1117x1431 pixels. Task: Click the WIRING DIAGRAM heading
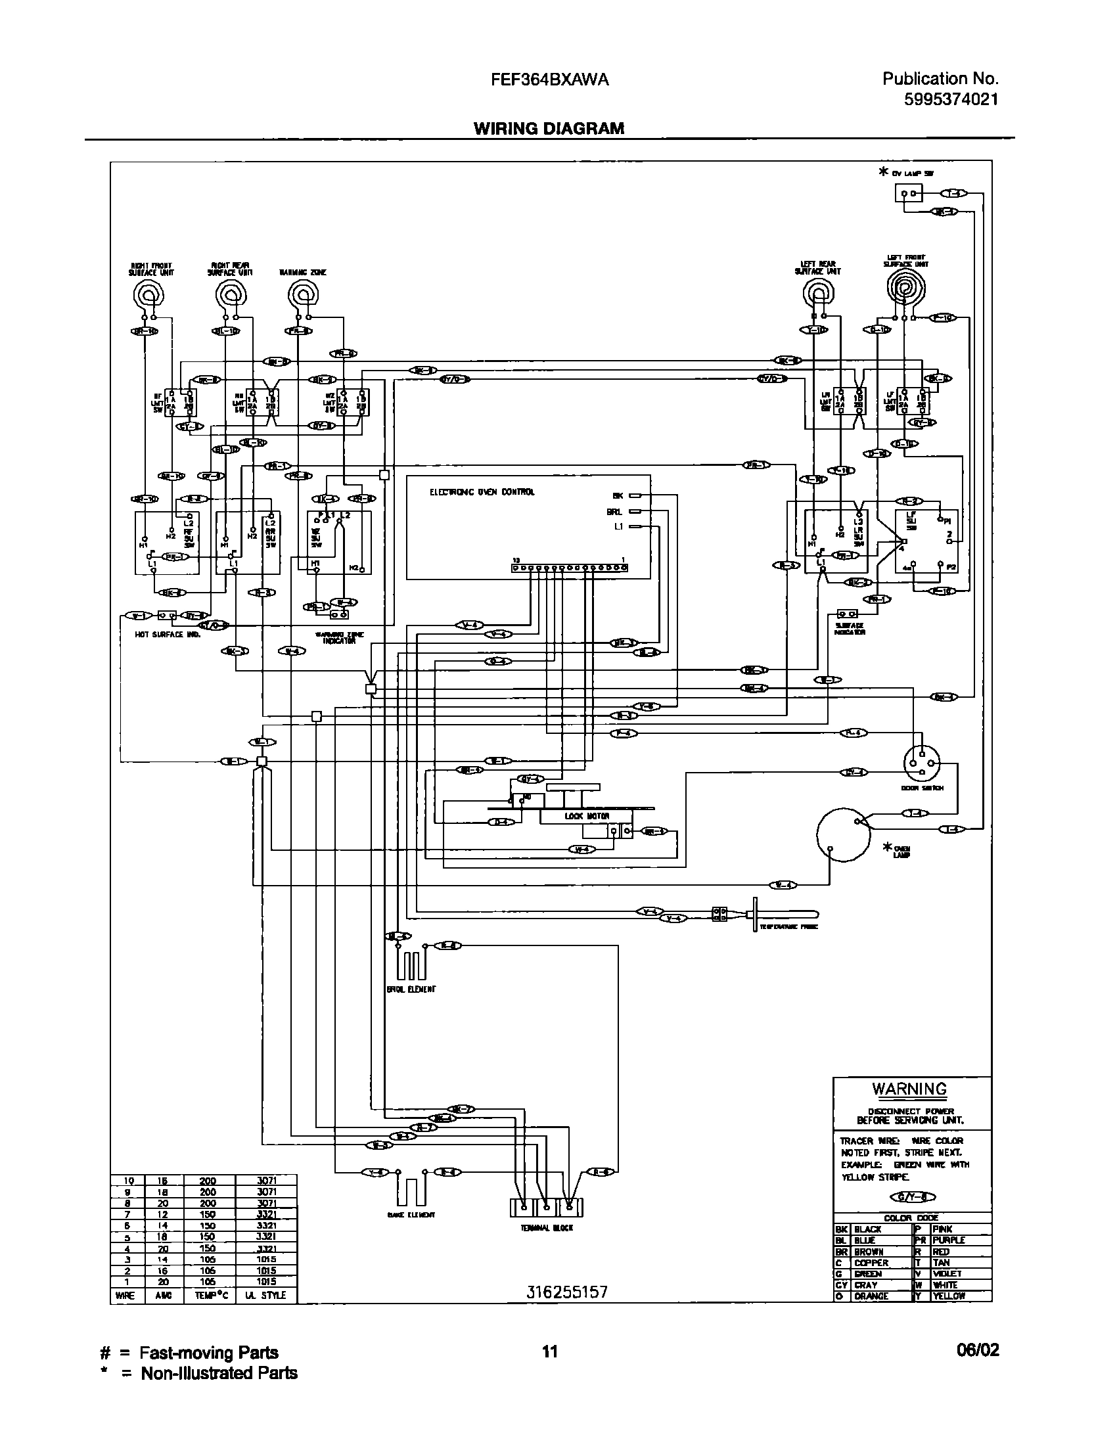click(549, 129)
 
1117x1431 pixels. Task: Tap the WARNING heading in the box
click(909, 1089)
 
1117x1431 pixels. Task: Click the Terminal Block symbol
click(547, 1208)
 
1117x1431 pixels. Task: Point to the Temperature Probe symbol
click(782, 914)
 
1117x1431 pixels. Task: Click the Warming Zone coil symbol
click(303, 293)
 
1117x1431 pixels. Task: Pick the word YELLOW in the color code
click(949, 1296)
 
